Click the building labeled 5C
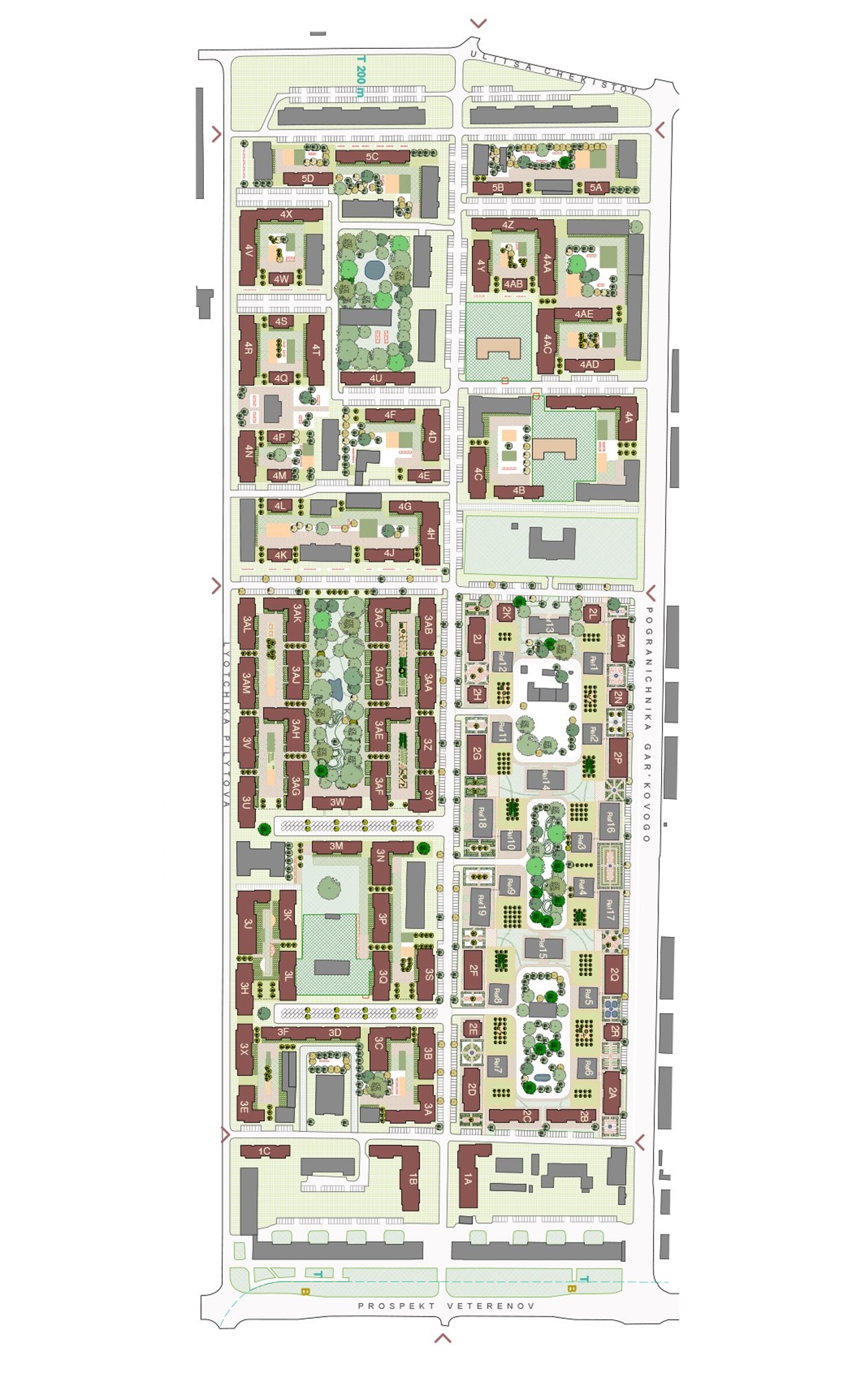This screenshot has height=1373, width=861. click(x=372, y=157)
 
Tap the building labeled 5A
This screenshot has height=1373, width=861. click(x=596, y=187)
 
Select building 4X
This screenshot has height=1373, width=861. click(x=286, y=215)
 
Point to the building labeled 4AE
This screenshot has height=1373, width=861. click(x=584, y=314)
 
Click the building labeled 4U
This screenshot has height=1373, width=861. click(x=376, y=378)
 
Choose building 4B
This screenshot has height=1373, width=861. click(x=518, y=491)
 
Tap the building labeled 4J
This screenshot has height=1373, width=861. click(x=389, y=553)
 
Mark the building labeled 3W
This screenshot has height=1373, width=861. click(x=337, y=802)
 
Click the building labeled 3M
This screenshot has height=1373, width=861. click(x=336, y=846)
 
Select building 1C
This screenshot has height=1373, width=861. click(x=264, y=1151)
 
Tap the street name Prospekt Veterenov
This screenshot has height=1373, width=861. click(x=446, y=1306)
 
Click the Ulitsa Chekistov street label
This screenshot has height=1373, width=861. click(x=553, y=72)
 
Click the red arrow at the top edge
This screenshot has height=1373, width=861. click(x=478, y=24)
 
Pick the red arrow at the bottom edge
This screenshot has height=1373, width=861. click(x=443, y=1337)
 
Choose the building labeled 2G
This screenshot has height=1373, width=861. click(x=476, y=754)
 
